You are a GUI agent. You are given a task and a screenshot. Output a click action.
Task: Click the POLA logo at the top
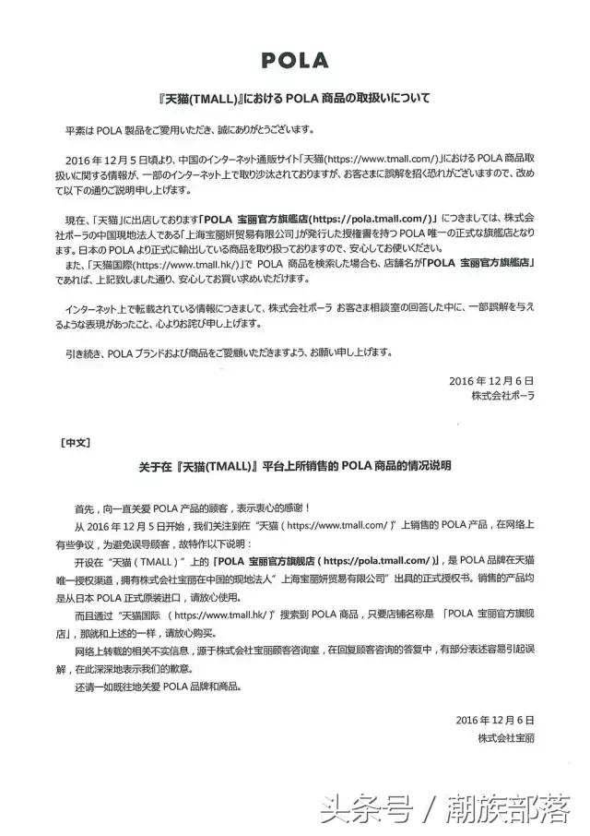pyautogui.click(x=294, y=60)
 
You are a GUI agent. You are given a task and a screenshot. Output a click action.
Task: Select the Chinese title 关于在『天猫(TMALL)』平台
pyautogui.click(x=293, y=466)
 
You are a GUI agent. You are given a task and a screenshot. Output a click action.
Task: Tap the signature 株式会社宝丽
pyautogui.click(x=506, y=738)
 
